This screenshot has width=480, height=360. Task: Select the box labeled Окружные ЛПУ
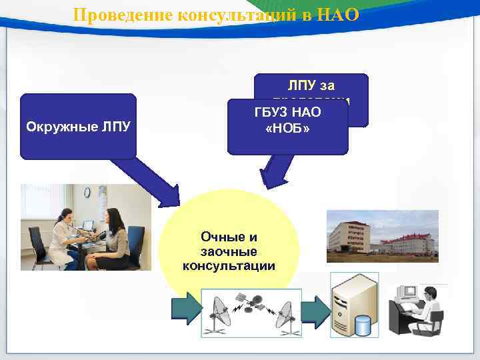point(77,126)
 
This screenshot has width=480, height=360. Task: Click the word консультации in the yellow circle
point(229,266)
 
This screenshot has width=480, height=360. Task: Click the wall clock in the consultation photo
point(87,192)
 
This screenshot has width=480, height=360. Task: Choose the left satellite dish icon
point(219,311)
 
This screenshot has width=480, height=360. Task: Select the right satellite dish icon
point(287,311)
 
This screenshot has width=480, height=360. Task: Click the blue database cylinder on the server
point(362,325)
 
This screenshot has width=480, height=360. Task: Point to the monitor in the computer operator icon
point(407,293)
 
